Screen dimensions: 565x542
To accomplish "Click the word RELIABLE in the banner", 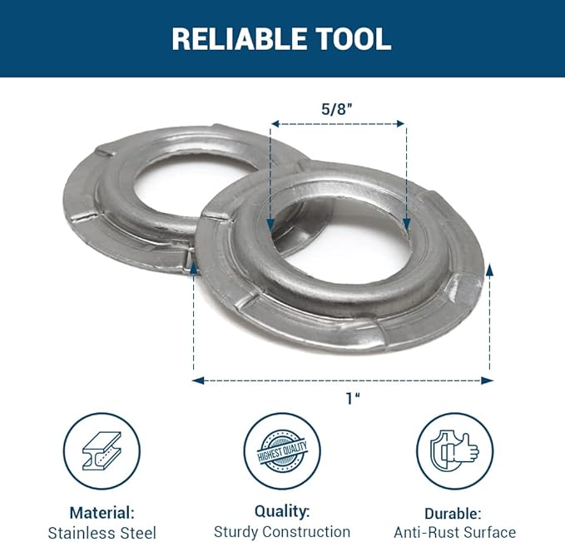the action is pos(240,39).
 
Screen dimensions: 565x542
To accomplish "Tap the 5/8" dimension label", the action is pos(336,108).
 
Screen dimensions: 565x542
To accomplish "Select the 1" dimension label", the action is pos(353,399).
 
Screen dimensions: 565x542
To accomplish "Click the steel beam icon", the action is pos(102,450).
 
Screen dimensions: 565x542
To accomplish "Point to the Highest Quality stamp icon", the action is pos(282,451).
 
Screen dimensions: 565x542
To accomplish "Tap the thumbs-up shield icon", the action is pos(454,451).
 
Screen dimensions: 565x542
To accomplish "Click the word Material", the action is pos(102,512).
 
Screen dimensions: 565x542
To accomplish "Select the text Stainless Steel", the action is pos(102,533).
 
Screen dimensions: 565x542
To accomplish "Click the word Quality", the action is pos(282,511).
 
